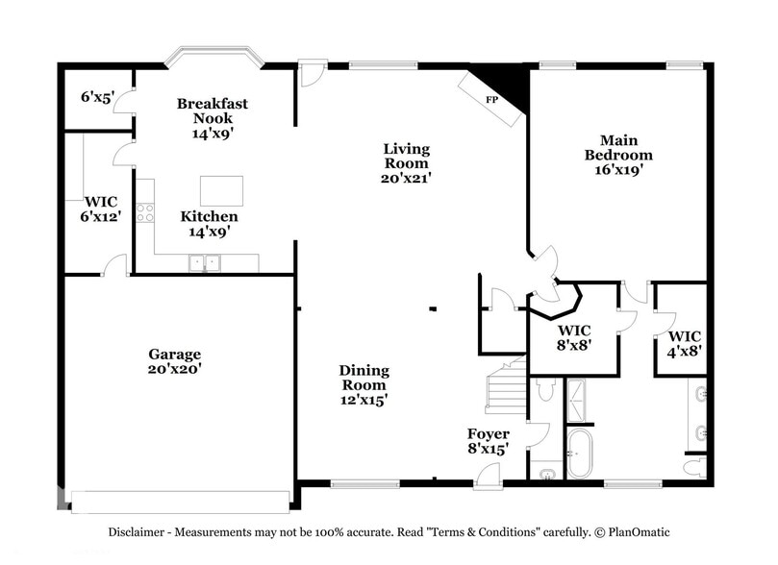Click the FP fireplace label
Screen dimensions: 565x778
click(491, 100)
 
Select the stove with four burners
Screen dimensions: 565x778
click(145, 212)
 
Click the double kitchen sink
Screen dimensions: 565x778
click(205, 261)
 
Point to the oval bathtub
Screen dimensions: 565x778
click(580, 454)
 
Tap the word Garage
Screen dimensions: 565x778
click(174, 354)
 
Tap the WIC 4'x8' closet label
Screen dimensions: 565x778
click(684, 343)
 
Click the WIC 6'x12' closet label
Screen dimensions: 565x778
click(100, 209)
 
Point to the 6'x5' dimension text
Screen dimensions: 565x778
click(98, 96)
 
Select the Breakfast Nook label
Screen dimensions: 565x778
click(213, 111)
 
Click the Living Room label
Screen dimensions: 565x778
click(406, 156)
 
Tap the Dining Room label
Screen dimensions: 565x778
click(364, 377)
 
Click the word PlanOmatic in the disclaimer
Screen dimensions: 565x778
click(636, 532)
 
